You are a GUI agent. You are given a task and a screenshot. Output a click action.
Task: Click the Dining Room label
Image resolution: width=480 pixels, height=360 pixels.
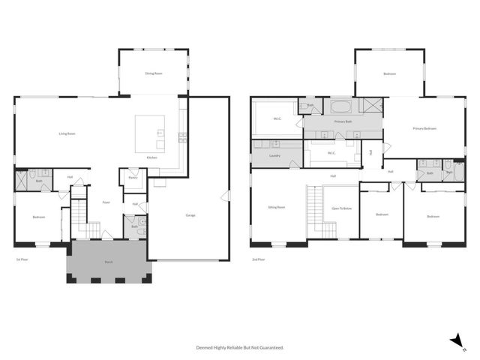[x=154, y=73]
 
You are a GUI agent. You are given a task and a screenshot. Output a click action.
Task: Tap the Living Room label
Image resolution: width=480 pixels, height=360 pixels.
[x=67, y=133]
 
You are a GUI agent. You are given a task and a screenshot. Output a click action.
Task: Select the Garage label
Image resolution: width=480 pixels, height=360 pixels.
[x=190, y=216]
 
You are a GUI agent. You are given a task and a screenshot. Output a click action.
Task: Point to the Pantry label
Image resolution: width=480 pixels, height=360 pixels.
[x=133, y=178]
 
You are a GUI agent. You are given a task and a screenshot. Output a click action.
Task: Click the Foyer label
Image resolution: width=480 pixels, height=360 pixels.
[x=106, y=202]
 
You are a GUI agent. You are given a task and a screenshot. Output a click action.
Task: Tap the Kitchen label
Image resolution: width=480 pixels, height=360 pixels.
[x=151, y=157]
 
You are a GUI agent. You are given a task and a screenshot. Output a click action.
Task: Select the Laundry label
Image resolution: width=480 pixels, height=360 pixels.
[x=274, y=156]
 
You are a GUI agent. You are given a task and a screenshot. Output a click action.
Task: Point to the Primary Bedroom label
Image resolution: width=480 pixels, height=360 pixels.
[x=424, y=129]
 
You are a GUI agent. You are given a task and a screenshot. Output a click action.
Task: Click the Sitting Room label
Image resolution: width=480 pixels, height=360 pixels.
[x=277, y=207]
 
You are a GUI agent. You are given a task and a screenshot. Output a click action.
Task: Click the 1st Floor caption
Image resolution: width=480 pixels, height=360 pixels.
[x=22, y=259]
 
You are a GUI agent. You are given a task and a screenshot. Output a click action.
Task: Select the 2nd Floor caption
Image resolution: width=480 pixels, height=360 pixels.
[x=258, y=259]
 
